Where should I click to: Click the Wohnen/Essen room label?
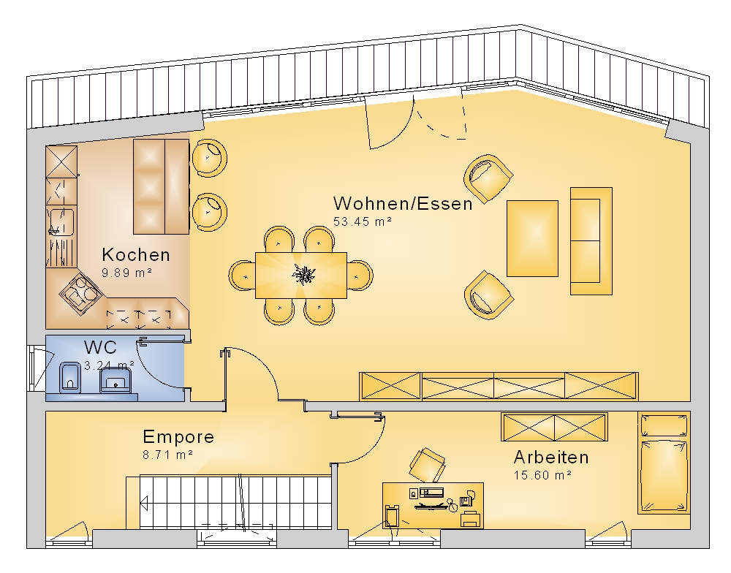tap(403, 204)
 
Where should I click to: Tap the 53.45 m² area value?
tap(363, 221)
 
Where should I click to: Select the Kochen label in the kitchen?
tap(136, 254)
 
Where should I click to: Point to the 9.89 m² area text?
tap(126, 273)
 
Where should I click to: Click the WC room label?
tap(100, 347)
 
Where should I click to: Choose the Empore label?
tap(178, 437)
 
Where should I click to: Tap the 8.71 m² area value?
tap(168, 455)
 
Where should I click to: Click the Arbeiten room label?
tap(551, 458)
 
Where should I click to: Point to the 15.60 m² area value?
tap(542, 475)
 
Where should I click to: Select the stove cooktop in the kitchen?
tap(80, 294)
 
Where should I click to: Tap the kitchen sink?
tap(61, 221)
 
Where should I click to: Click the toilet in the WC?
tap(70, 376)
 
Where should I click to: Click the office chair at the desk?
tap(427, 465)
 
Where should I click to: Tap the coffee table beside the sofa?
tap(532, 238)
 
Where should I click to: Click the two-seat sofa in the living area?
tap(591, 241)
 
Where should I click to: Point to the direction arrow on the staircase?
tap(144, 503)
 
